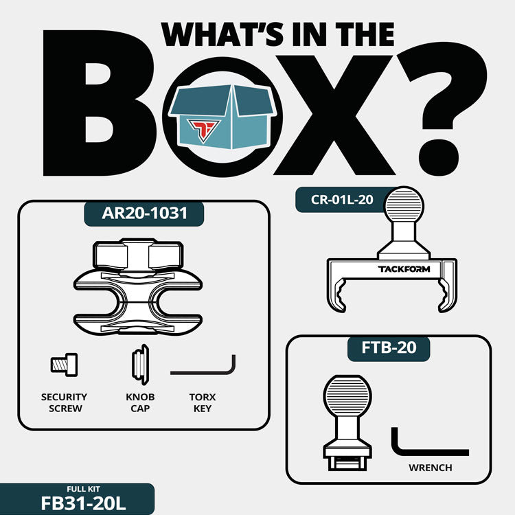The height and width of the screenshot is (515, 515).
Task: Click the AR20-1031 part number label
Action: click(x=144, y=213)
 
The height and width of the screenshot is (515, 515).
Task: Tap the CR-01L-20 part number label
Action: click(x=342, y=200)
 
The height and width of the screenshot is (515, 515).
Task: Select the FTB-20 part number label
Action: click(x=389, y=348)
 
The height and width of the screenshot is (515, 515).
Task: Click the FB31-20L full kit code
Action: click(x=83, y=503)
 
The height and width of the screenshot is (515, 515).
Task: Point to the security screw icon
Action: click(x=64, y=365)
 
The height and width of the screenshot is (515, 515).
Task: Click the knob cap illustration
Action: click(x=141, y=365)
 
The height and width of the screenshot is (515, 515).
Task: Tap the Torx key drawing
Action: click(x=203, y=365)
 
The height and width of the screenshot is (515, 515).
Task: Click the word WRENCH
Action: click(x=431, y=468)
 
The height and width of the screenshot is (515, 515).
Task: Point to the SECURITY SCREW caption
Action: click(x=65, y=402)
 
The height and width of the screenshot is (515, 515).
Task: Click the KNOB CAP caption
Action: click(x=140, y=402)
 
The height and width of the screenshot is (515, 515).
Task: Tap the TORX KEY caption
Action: click(x=203, y=402)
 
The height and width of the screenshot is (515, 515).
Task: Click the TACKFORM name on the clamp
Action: click(x=404, y=269)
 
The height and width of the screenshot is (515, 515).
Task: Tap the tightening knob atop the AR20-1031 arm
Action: click(x=138, y=255)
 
